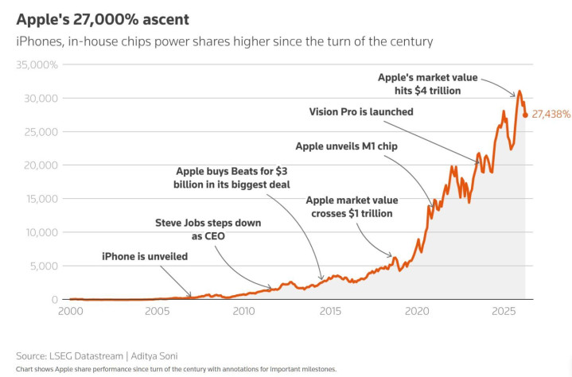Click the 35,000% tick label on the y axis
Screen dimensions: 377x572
(37, 64)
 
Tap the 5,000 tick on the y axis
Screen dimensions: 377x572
(43, 266)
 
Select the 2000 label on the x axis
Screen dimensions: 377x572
(70, 311)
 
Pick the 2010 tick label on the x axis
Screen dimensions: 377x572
(243, 311)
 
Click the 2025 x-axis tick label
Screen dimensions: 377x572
(502, 311)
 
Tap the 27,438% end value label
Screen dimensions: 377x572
(550, 115)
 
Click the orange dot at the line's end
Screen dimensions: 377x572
(525, 115)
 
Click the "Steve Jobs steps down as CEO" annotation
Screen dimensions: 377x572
(208, 229)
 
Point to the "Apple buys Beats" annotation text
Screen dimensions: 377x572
(232, 177)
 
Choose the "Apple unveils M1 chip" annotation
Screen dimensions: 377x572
(346, 146)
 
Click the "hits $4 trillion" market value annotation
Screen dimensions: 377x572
(426, 84)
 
